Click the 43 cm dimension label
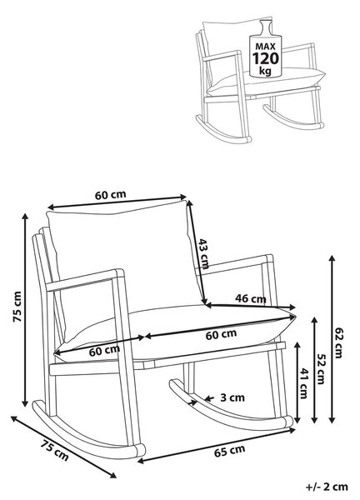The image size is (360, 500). click(203, 253)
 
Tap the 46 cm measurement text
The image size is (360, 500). click(251, 298)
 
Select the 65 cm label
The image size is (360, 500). click(230, 451)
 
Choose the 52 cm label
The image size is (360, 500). click(320, 369)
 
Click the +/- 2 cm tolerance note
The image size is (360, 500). click(327, 487)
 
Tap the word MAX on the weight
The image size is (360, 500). click(265, 47)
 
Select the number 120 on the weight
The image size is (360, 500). click(266, 58)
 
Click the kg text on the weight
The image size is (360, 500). click(265, 71)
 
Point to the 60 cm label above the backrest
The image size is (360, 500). click(110, 194)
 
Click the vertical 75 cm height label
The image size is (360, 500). click(17, 307)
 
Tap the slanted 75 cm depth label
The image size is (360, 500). click(54, 450)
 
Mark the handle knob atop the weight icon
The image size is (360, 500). click(265, 24)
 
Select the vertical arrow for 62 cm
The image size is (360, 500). click(332, 339)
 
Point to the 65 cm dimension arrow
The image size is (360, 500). click(217, 446)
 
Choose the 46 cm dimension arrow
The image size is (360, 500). click(251, 307)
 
